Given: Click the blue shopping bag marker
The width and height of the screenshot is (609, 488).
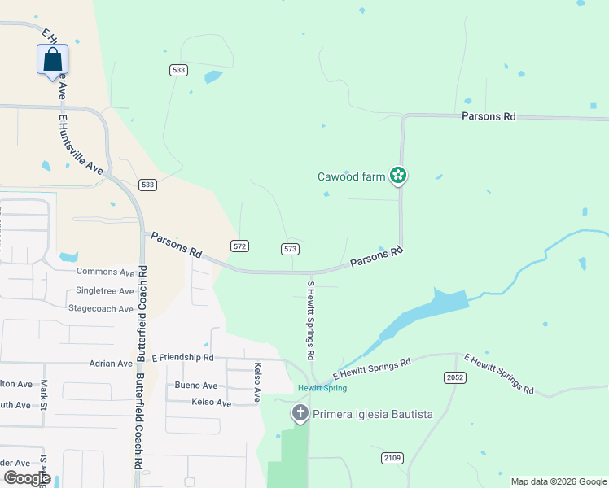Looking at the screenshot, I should [52, 59].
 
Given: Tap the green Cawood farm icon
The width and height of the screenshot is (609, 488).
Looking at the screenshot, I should [398, 175].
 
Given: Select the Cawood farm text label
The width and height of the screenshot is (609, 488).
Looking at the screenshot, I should [351, 176].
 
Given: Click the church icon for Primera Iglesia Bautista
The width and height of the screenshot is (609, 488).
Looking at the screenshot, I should [300, 414].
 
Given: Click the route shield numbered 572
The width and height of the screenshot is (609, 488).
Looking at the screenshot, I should [239, 246].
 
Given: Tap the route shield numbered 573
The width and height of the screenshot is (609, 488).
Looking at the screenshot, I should [291, 248].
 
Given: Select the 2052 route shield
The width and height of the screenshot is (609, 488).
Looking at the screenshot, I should [454, 377].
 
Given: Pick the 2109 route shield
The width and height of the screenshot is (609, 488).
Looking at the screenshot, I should [392, 458].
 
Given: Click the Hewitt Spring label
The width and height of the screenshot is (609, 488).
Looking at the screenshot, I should [317, 388].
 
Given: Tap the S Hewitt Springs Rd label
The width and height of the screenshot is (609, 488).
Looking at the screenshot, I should [310, 320].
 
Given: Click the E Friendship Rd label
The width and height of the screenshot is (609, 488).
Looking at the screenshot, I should [182, 357].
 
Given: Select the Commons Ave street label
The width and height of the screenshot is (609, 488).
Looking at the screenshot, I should [105, 272].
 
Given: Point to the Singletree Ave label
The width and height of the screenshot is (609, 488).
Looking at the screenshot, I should [104, 290].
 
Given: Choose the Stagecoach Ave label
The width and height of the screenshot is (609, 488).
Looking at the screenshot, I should [101, 309].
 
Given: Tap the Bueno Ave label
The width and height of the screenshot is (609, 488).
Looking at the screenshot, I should [196, 386].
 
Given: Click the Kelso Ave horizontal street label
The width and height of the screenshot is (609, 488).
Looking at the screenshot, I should [212, 403].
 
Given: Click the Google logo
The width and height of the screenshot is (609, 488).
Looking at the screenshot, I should [27, 477].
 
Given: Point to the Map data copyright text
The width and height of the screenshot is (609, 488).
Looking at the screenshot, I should [558, 481].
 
